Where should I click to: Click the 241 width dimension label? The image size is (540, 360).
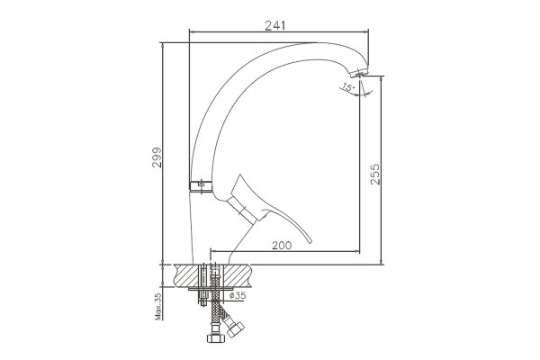274,25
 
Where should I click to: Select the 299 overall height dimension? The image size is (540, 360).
157,157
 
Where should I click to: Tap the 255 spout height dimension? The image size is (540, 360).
375,175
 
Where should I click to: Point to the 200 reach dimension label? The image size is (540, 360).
282,246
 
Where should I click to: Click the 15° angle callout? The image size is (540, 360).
348,86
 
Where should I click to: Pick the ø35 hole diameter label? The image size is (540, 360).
238,295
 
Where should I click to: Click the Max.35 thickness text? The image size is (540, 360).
158,307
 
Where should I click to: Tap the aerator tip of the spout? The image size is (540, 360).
359,73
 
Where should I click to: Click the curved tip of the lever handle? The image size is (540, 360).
310,240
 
